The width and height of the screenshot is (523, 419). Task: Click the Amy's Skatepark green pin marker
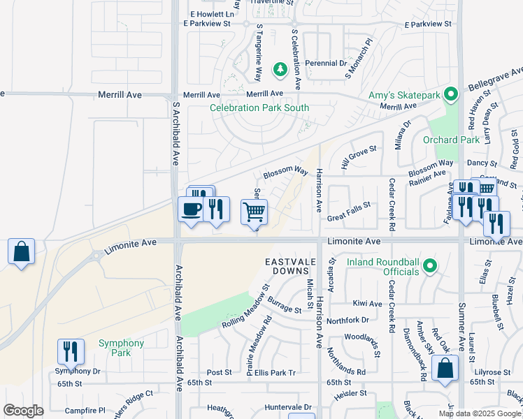[x=452, y=92]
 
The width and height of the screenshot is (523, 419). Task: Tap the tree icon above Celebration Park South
[x=280, y=69]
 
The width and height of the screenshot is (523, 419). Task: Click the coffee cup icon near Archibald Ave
[x=192, y=208]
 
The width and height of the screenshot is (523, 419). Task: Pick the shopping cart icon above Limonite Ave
[x=255, y=211]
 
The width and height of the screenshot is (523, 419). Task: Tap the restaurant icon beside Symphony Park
[x=71, y=351]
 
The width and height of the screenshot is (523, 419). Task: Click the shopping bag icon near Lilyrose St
[x=445, y=368]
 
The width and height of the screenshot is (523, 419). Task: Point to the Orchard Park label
[x=451, y=140]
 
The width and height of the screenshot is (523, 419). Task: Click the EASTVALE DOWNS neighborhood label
[x=287, y=265]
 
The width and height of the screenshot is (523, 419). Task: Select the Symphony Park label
[x=121, y=348]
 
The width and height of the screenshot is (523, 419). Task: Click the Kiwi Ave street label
[x=367, y=304]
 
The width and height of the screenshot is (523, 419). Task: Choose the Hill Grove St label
[x=359, y=159]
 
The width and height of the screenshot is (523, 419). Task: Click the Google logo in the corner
[x=23, y=410]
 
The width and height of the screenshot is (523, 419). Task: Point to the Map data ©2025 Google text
[x=480, y=413]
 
